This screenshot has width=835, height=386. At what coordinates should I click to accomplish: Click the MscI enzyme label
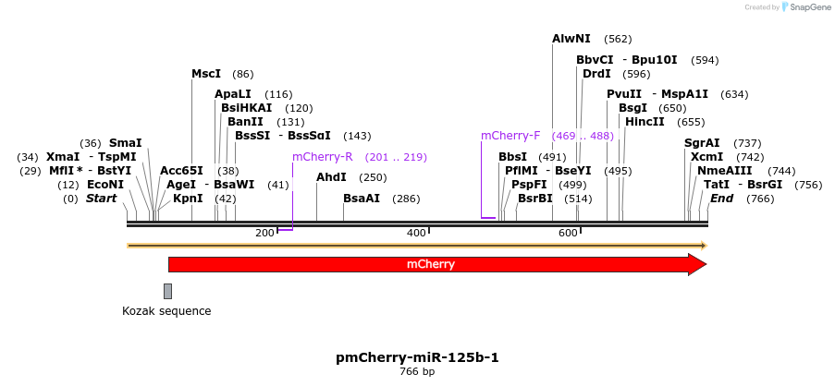(x=206, y=74)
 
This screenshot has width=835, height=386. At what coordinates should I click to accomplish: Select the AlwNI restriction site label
(x=571, y=39)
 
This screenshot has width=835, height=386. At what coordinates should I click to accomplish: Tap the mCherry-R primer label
(x=323, y=157)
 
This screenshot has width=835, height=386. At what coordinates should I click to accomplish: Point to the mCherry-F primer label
(x=510, y=136)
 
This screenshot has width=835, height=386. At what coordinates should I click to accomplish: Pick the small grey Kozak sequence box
(x=167, y=291)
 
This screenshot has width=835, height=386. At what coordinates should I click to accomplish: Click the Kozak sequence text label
(x=166, y=311)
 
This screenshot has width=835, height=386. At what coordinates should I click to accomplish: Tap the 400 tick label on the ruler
(x=416, y=233)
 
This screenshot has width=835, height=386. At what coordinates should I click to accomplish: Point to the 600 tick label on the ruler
(x=568, y=233)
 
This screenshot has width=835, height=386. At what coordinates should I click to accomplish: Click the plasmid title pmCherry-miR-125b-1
(x=417, y=357)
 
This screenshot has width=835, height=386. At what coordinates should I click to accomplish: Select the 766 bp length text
(x=417, y=372)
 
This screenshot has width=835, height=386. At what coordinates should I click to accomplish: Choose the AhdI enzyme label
(x=331, y=177)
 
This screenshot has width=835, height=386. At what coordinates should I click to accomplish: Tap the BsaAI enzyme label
(x=362, y=199)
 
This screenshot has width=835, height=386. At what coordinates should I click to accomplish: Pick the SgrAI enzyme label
(x=702, y=143)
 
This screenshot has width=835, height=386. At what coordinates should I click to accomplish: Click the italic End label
(x=721, y=199)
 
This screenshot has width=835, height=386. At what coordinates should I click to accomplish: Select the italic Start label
(x=102, y=199)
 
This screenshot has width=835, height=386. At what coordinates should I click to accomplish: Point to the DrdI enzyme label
(x=596, y=74)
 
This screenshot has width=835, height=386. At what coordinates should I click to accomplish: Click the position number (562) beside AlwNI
(x=618, y=39)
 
